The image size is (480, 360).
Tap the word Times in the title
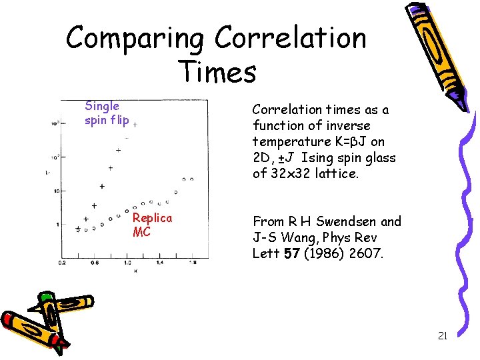217,71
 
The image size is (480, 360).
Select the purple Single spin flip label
107,113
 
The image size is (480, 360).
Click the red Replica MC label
152,225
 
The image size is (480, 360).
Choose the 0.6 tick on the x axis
95,263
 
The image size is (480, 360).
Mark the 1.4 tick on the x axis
159,263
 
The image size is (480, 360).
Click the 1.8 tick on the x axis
192,263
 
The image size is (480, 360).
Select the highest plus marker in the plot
135,123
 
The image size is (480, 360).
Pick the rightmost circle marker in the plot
191,179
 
